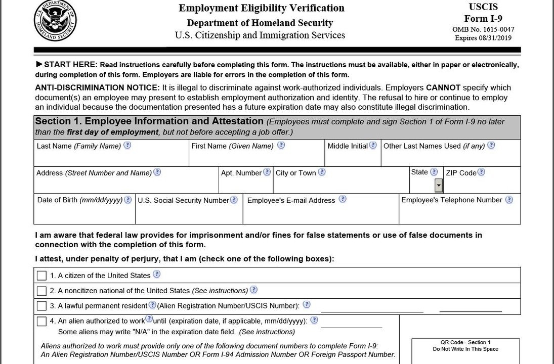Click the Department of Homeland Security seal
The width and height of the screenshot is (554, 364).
pos(55,21)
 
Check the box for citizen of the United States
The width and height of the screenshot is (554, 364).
pos(41,276)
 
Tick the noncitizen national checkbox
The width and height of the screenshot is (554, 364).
pos(41,291)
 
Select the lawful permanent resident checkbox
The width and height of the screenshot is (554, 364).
pos(41,306)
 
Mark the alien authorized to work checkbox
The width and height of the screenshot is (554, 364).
pos(41,322)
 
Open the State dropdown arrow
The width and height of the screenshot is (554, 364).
pos(439,186)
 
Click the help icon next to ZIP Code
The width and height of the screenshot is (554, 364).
pos(481,172)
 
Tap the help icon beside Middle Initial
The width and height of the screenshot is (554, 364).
pos(373,146)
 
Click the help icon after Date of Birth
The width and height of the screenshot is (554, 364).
pos(128,200)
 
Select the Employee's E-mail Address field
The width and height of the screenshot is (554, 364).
pos(320,214)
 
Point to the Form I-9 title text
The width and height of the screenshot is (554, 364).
pos(483,19)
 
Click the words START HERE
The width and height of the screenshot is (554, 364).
pos(70,65)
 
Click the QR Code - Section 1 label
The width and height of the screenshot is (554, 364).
pos(465,342)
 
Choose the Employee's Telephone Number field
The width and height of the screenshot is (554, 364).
pos(459,214)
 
